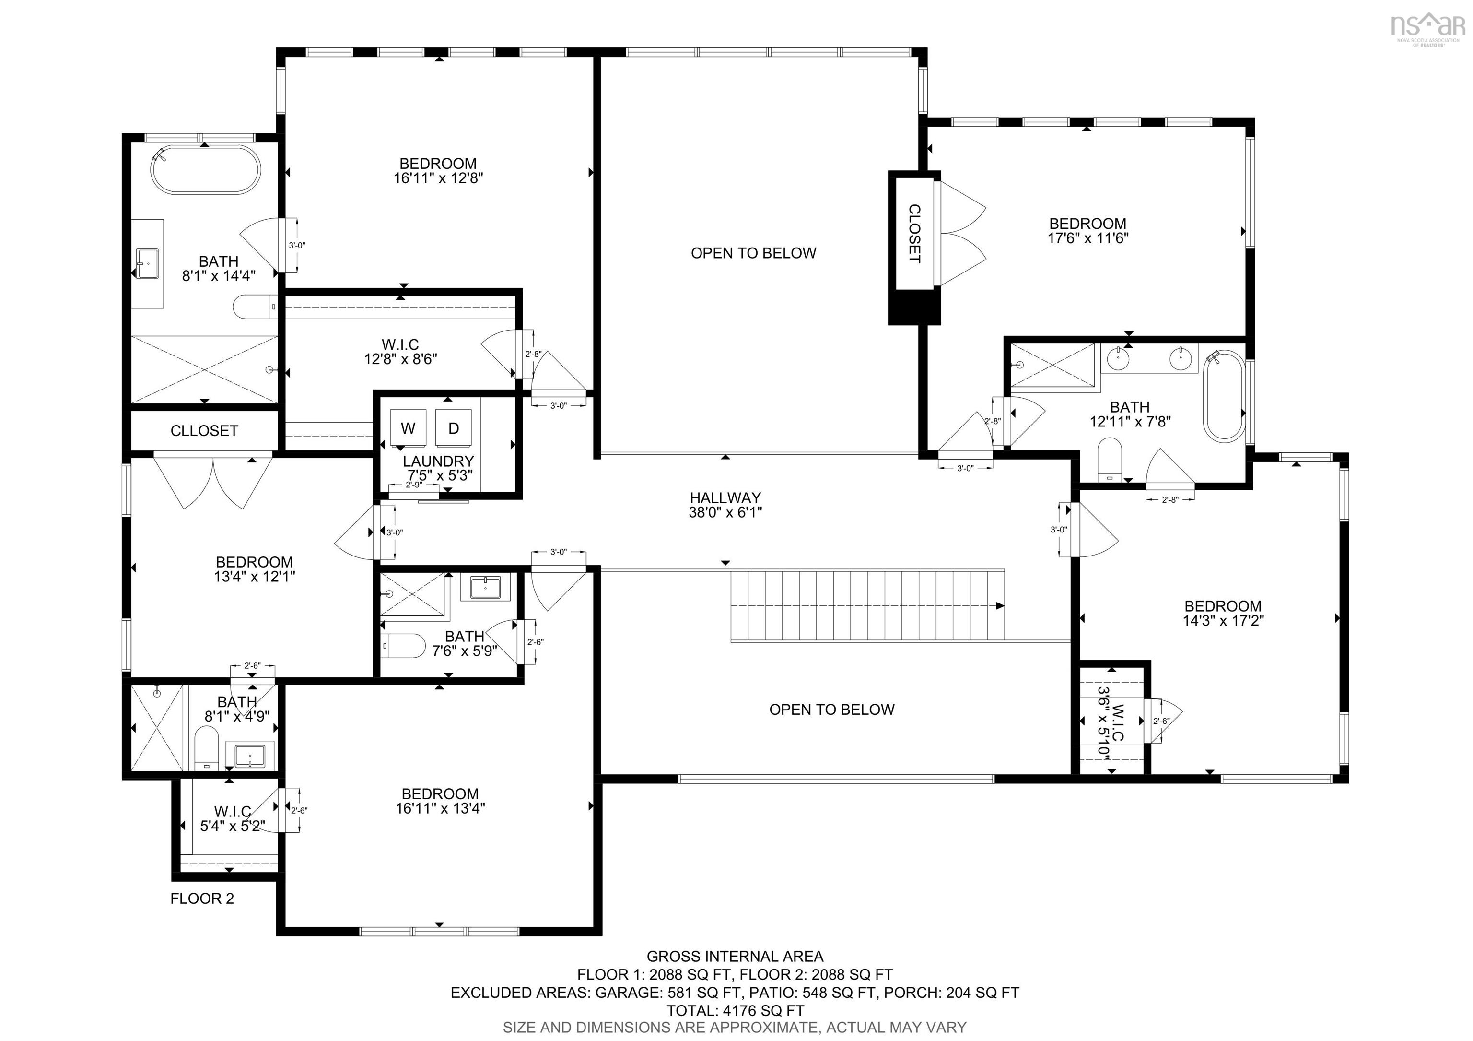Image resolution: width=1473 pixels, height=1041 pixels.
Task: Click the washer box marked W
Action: [408, 427]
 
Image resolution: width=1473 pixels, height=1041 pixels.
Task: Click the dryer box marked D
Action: [454, 427]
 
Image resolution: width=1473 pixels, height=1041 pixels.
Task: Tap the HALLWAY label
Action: [725, 497]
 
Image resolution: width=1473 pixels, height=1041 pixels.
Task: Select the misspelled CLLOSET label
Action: [204, 431]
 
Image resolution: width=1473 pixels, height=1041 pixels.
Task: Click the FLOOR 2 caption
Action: [202, 899]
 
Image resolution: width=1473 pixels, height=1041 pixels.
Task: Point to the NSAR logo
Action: [1427, 27]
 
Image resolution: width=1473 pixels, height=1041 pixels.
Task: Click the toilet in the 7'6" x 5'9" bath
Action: [403, 646]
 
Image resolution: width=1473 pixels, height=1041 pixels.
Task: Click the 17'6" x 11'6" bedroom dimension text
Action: [1087, 238]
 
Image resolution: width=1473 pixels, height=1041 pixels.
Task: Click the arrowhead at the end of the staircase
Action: [1000, 606]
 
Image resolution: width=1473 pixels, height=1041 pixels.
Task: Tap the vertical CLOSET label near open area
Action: [914, 234]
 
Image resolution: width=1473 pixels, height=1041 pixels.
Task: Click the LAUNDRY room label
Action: [438, 461]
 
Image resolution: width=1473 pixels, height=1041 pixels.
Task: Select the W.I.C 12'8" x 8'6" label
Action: [400, 352]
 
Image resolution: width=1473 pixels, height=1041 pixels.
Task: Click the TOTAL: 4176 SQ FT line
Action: [735, 1010]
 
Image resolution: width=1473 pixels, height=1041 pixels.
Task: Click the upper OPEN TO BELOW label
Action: [753, 253]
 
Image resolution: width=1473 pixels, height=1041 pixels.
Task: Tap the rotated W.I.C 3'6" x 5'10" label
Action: [1111, 722]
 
